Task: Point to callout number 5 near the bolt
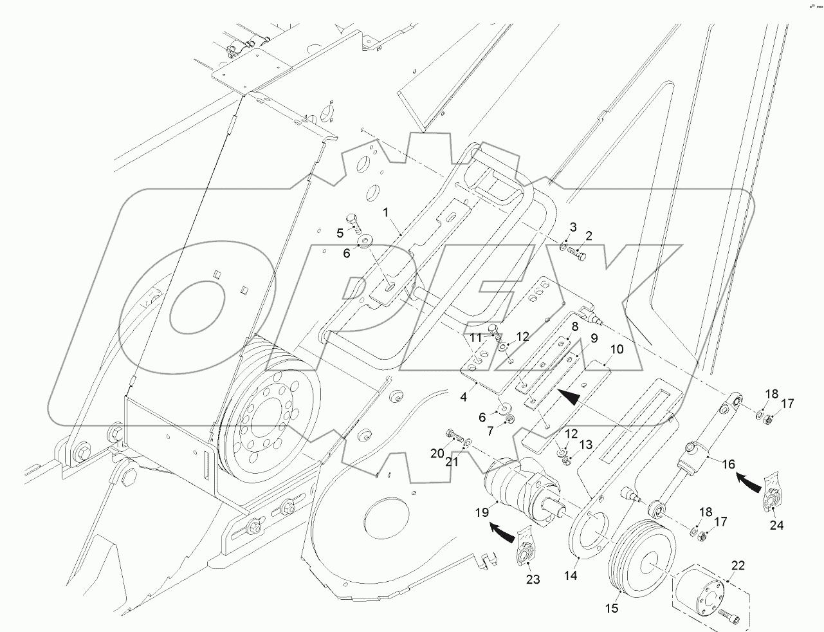(x=340, y=232)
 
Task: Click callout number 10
(x=616, y=350)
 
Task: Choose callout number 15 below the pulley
(x=612, y=608)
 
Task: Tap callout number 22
(x=738, y=566)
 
